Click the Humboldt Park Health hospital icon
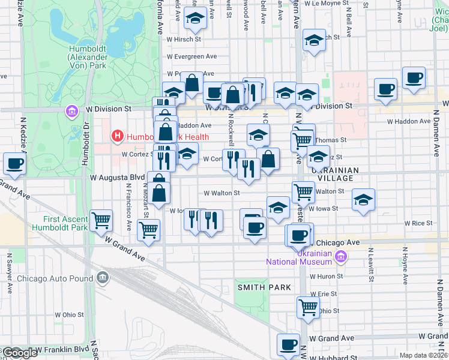tap(118, 136)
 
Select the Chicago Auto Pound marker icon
tap(103, 278)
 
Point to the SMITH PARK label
tap(259, 287)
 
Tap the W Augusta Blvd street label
tap(118, 178)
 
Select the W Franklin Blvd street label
tap(62, 349)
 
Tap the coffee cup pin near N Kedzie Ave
tap(14, 163)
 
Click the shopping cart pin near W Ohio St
tap(308, 307)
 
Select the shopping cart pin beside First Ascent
tap(102, 220)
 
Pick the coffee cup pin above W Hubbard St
tap(288, 344)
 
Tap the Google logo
tap(20, 353)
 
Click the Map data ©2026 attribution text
tap(423, 355)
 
